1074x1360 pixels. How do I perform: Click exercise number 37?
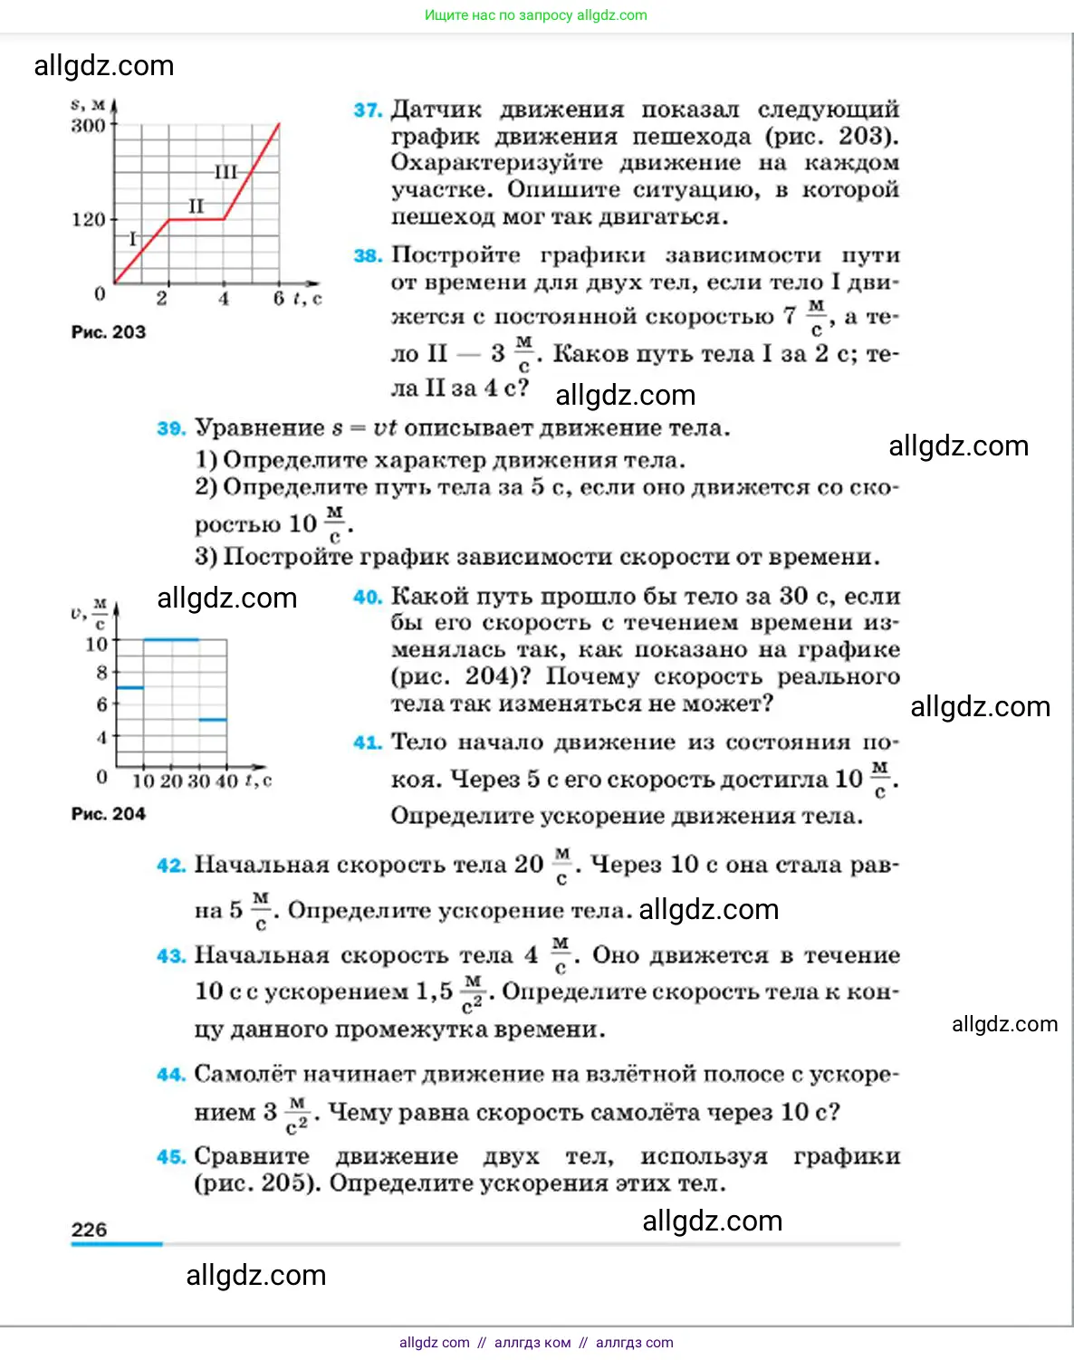pyautogui.click(x=368, y=110)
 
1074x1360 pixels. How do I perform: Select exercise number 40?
pyautogui.click(x=367, y=597)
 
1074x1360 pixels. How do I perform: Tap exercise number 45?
pyautogui.click(x=170, y=1157)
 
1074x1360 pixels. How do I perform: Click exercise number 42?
pyautogui.click(x=170, y=866)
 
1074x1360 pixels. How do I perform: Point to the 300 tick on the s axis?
pyautogui.click(x=89, y=125)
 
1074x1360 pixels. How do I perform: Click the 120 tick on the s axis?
pyautogui.click(x=89, y=219)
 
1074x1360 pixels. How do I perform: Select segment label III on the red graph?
pyautogui.click(x=225, y=172)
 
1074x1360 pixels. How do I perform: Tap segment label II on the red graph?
pyautogui.click(x=196, y=206)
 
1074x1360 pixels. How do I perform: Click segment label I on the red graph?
pyautogui.click(x=133, y=239)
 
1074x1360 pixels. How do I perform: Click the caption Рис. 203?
pyautogui.click(x=108, y=332)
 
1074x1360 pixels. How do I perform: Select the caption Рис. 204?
pyautogui.click(x=108, y=814)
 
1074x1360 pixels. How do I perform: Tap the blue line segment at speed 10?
pyautogui.click(x=171, y=640)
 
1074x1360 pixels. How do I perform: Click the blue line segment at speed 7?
pyautogui.click(x=130, y=688)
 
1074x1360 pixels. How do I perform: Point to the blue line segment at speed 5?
pyautogui.click(x=213, y=720)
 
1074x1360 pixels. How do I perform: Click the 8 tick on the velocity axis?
pyautogui.click(x=102, y=672)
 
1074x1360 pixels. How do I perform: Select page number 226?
pyautogui.click(x=89, y=1230)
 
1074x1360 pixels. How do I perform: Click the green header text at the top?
pyautogui.click(x=536, y=15)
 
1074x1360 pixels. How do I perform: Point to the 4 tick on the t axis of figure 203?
pyautogui.click(x=223, y=299)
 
